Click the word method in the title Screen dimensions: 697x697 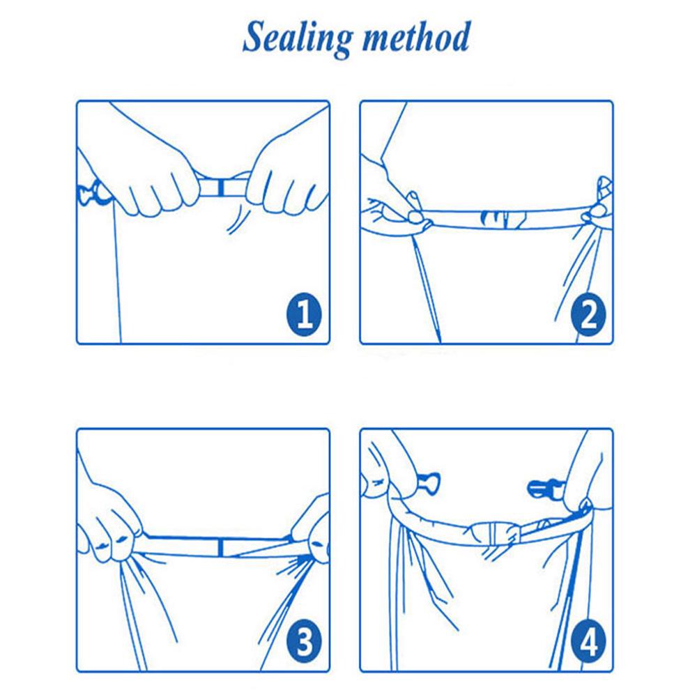416,38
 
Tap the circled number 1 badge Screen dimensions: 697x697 305,314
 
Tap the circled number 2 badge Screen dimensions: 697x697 588,314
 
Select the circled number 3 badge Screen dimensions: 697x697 305,641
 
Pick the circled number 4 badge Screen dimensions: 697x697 588,641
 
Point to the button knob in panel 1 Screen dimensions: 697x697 93,194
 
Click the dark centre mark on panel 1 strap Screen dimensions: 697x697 221,187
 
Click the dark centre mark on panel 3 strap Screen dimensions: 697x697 221,546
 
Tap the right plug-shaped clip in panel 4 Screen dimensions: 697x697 544,489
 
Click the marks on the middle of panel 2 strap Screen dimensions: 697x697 503,217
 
